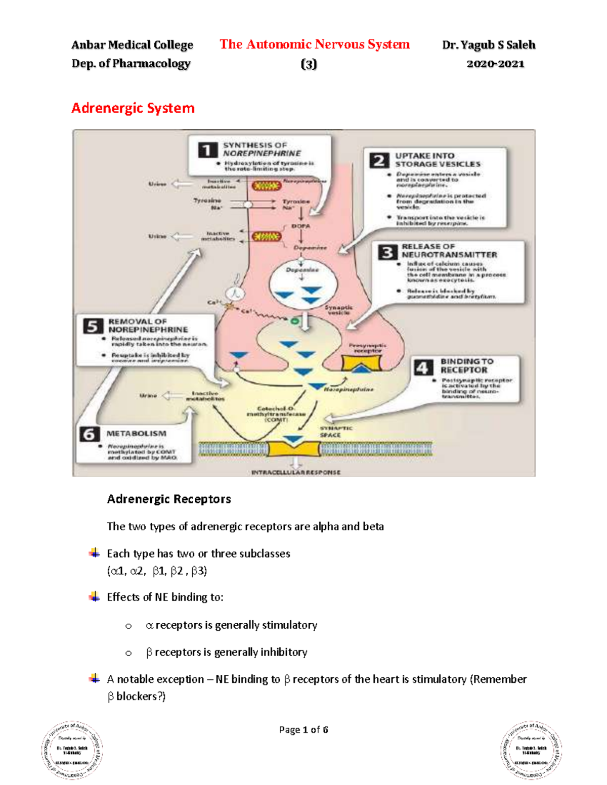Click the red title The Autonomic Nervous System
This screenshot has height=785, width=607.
tap(314, 44)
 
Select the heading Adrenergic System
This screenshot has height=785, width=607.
tap(133, 108)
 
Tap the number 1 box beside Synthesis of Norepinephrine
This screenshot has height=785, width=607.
tap(207, 150)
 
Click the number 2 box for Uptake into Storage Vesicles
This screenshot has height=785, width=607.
tap(379, 160)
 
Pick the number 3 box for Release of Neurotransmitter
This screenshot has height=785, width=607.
tap(387, 251)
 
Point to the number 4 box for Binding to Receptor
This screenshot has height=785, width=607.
tap(423, 367)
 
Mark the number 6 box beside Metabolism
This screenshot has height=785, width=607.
tap(90, 434)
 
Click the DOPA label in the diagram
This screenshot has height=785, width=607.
tap(300, 226)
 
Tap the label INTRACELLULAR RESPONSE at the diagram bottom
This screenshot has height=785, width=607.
tap(296, 472)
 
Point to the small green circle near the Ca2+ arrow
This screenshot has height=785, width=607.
tap(294, 320)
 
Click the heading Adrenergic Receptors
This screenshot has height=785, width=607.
tap(169, 499)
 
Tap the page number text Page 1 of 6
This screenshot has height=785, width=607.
tap(303, 729)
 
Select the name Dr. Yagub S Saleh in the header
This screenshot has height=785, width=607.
tap(489, 45)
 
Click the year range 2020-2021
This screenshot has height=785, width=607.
tap(495, 64)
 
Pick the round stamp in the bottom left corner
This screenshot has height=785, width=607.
tap(72, 750)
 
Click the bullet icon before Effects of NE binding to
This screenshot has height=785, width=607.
tap(95, 597)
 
